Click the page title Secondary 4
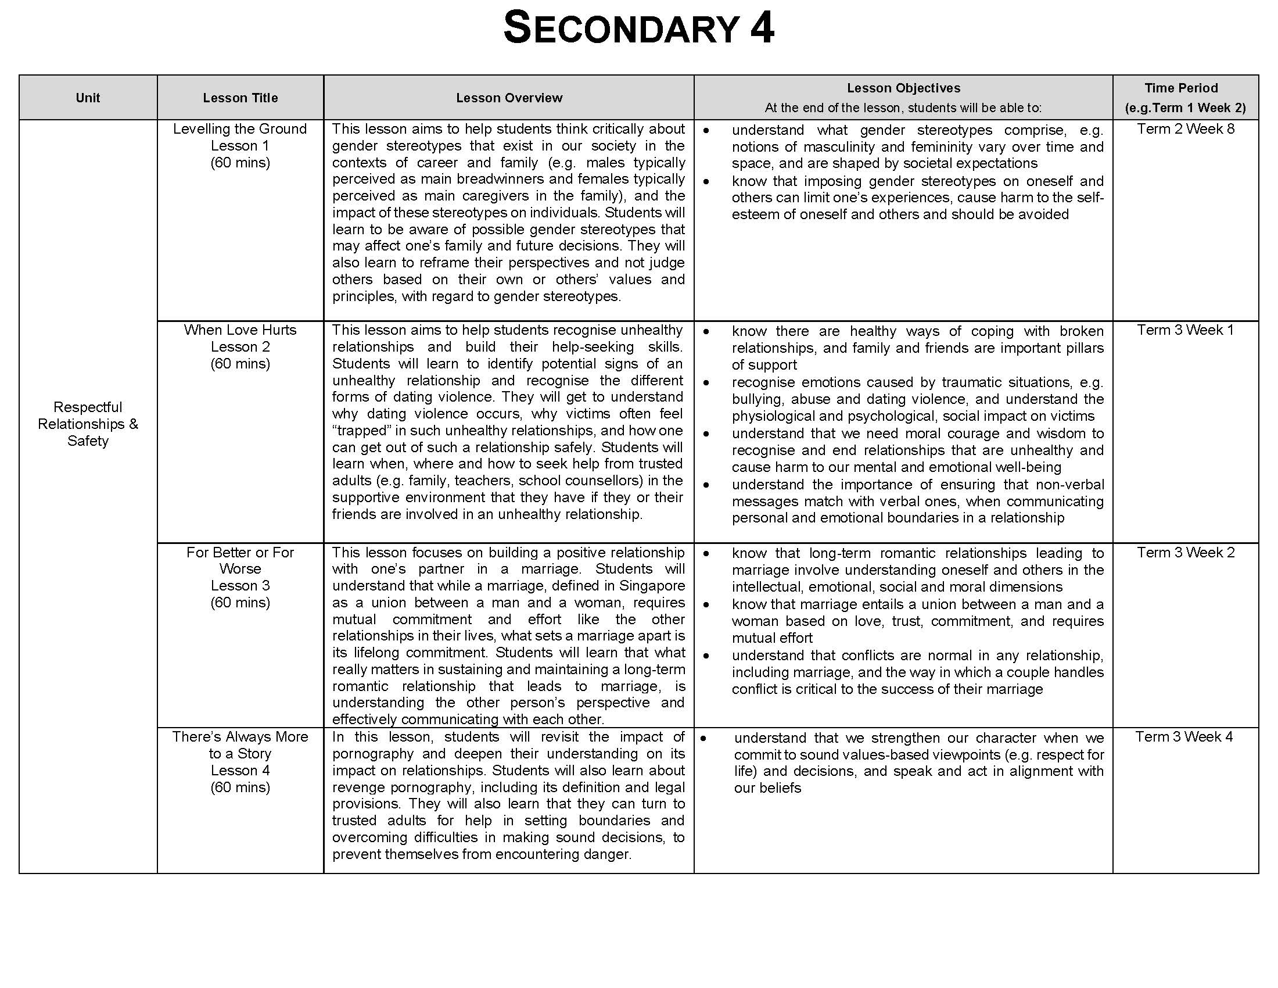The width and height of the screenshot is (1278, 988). click(638, 28)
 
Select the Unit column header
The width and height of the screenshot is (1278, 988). click(88, 98)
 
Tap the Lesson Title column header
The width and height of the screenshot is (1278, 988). click(240, 98)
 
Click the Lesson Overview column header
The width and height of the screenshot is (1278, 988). click(509, 98)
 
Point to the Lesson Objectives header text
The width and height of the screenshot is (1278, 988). click(903, 88)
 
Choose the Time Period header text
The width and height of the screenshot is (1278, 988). click(1182, 88)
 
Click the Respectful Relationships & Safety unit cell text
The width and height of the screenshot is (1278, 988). click(88, 424)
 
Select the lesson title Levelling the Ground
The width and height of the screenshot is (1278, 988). click(240, 129)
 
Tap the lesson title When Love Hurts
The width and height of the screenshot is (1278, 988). click(240, 330)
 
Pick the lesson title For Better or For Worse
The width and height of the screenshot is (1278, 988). click(240, 560)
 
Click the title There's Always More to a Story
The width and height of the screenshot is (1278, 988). click(240, 744)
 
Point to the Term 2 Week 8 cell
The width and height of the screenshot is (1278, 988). click(1186, 129)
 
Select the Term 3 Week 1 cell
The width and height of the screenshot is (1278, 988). click(1186, 330)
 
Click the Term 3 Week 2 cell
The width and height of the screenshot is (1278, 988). click(1186, 553)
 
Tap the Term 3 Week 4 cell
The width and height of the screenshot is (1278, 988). click(1184, 737)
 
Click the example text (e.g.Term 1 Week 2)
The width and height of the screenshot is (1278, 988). click(1186, 108)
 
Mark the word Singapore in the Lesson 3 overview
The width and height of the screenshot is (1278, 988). click(652, 586)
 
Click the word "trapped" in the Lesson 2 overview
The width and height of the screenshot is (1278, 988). click(359, 431)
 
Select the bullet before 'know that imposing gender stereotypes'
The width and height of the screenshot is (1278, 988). click(706, 182)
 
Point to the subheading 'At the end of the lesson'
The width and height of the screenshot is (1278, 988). click(903, 108)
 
